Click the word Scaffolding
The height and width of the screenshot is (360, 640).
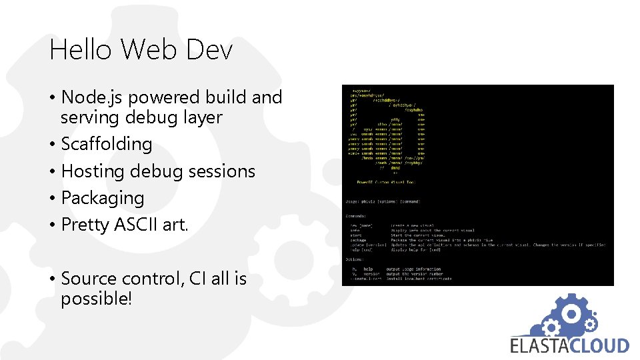point(107,144)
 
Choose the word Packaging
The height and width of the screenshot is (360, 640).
point(103,198)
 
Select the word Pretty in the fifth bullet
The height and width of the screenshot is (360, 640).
point(85,225)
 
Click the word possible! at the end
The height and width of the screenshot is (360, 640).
point(97,299)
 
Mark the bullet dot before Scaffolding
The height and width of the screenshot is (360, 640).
point(53,145)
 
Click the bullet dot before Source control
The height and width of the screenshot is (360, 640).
point(53,279)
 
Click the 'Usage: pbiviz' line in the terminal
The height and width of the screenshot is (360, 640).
point(383,201)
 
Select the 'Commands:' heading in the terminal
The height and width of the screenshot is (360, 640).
point(356,216)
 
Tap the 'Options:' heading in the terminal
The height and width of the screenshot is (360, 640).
point(355,259)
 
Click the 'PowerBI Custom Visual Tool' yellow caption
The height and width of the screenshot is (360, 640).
point(386,181)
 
